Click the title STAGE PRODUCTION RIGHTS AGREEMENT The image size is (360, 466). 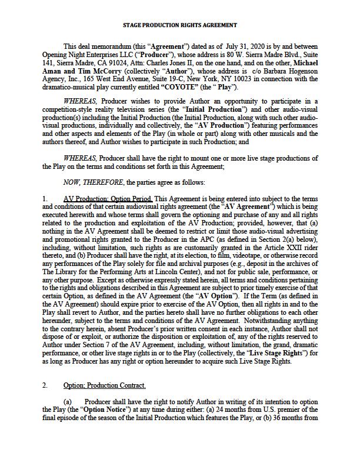point(180,25)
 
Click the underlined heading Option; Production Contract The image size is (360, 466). point(105,385)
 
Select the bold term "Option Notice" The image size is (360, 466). point(93,410)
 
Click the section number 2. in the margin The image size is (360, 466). point(45,385)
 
